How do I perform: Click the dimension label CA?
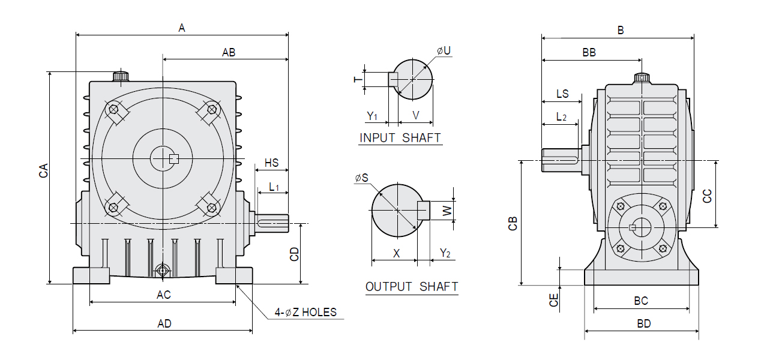tap(43, 171)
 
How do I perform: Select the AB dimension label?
tap(229, 52)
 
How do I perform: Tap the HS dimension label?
tap(271, 163)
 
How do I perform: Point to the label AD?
tap(164, 324)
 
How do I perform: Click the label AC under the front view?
tap(163, 295)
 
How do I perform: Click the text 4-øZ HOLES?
tap(305, 312)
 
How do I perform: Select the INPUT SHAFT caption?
tap(400, 138)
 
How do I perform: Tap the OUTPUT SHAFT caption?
tap(412, 287)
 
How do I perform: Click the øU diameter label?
tap(444, 51)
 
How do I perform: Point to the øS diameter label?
tap(362, 178)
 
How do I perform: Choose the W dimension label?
tap(447, 211)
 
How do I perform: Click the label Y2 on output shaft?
tap(445, 253)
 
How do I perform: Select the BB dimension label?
tap(589, 52)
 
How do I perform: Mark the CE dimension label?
tap(554, 299)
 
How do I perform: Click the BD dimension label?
tap(643, 324)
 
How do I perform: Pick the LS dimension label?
tap(562, 94)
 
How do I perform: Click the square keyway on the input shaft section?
tap(393, 79)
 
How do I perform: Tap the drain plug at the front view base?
tap(162, 271)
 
